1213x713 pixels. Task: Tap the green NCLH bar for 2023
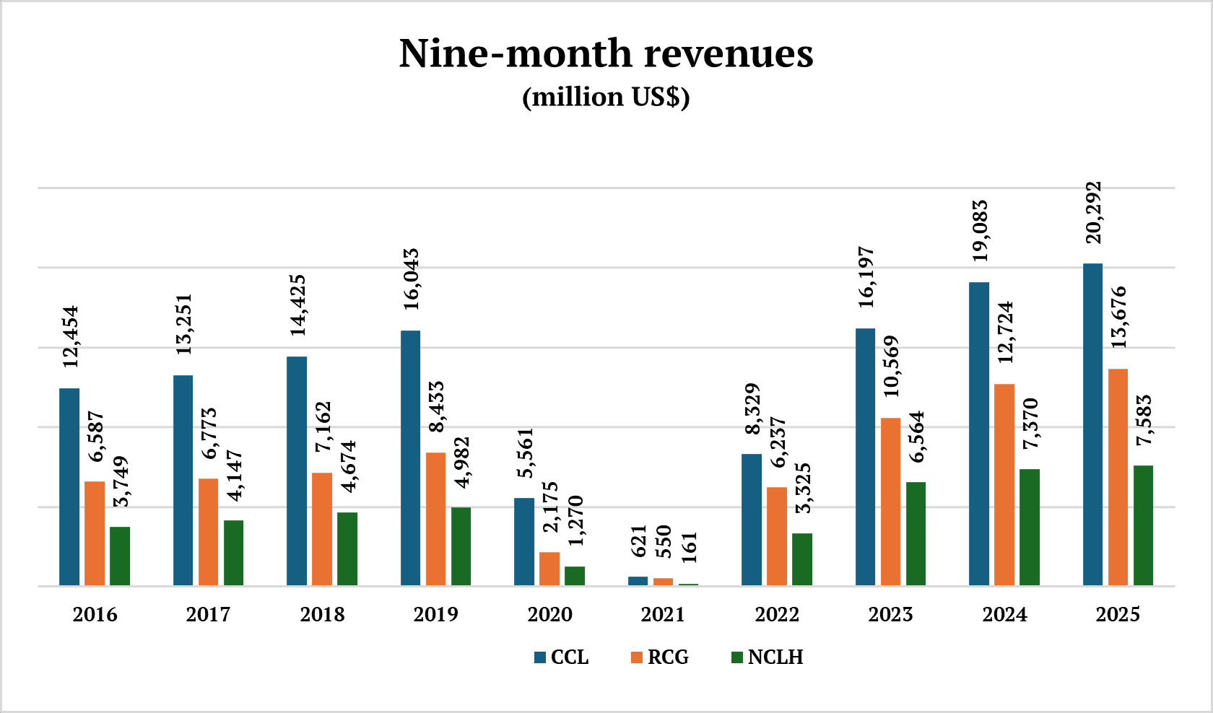tap(916, 533)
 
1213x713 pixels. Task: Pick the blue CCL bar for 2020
tap(524, 541)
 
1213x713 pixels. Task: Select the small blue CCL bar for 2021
tap(638, 581)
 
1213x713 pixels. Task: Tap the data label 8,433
tap(436, 407)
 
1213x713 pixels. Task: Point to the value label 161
tap(689, 548)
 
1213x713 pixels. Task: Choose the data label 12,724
tap(1005, 332)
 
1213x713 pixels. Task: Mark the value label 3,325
tap(803, 489)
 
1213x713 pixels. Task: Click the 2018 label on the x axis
tap(322, 614)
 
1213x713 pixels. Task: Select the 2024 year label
tap(1004, 614)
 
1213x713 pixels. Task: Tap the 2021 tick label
tap(663, 614)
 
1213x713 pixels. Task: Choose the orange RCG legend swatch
tap(636, 657)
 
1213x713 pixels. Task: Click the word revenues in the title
tap(729, 53)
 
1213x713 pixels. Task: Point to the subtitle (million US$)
tap(606, 97)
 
